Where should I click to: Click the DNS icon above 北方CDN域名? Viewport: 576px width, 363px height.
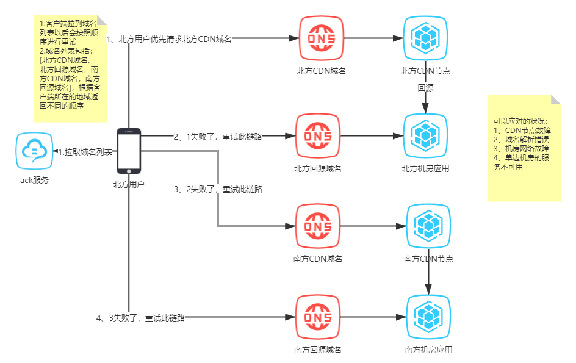coord(322,38)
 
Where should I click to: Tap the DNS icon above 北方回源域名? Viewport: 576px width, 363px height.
coord(318,136)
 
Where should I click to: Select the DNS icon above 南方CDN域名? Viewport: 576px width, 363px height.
coord(318,226)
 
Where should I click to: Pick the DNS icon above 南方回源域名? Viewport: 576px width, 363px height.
coord(318,317)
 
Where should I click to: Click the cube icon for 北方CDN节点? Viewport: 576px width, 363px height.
coord(425,38)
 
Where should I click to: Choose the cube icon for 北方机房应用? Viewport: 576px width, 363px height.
coord(425,136)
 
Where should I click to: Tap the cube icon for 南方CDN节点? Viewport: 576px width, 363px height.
coord(428,226)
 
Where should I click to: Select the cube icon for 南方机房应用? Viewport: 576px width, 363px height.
coord(428,317)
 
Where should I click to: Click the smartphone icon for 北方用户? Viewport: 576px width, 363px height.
coord(129,151)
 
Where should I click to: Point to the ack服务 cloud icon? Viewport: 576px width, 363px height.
coord(34,151)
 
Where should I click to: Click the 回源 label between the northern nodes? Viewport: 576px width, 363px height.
coord(425,88)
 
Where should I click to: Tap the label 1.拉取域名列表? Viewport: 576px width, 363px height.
coord(85,152)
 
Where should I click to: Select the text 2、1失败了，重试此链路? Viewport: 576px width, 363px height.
coord(218,137)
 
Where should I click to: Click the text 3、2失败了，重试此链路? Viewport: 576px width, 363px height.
coord(218,189)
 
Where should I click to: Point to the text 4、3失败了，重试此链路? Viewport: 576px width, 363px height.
coord(140,318)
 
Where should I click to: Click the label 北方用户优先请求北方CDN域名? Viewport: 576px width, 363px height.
coord(175,39)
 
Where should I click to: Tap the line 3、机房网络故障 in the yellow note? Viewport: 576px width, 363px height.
coord(521,148)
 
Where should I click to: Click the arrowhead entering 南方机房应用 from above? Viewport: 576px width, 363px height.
coord(428,290)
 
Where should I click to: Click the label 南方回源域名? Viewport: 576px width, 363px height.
coord(318,350)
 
